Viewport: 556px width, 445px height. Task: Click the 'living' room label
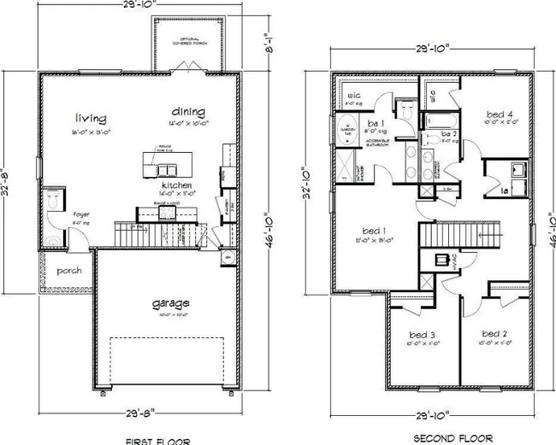(x=90, y=117)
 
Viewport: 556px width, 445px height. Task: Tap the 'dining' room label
(x=187, y=111)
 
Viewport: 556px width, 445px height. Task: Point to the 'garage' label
(x=172, y=302)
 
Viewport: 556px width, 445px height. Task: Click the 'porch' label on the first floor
(x=69, y=271)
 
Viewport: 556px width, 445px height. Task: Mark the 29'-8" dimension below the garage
(x=169, y=409)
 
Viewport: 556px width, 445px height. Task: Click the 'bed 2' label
(x=494, y=333)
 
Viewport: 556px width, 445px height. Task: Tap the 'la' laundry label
(x=505, y=190)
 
